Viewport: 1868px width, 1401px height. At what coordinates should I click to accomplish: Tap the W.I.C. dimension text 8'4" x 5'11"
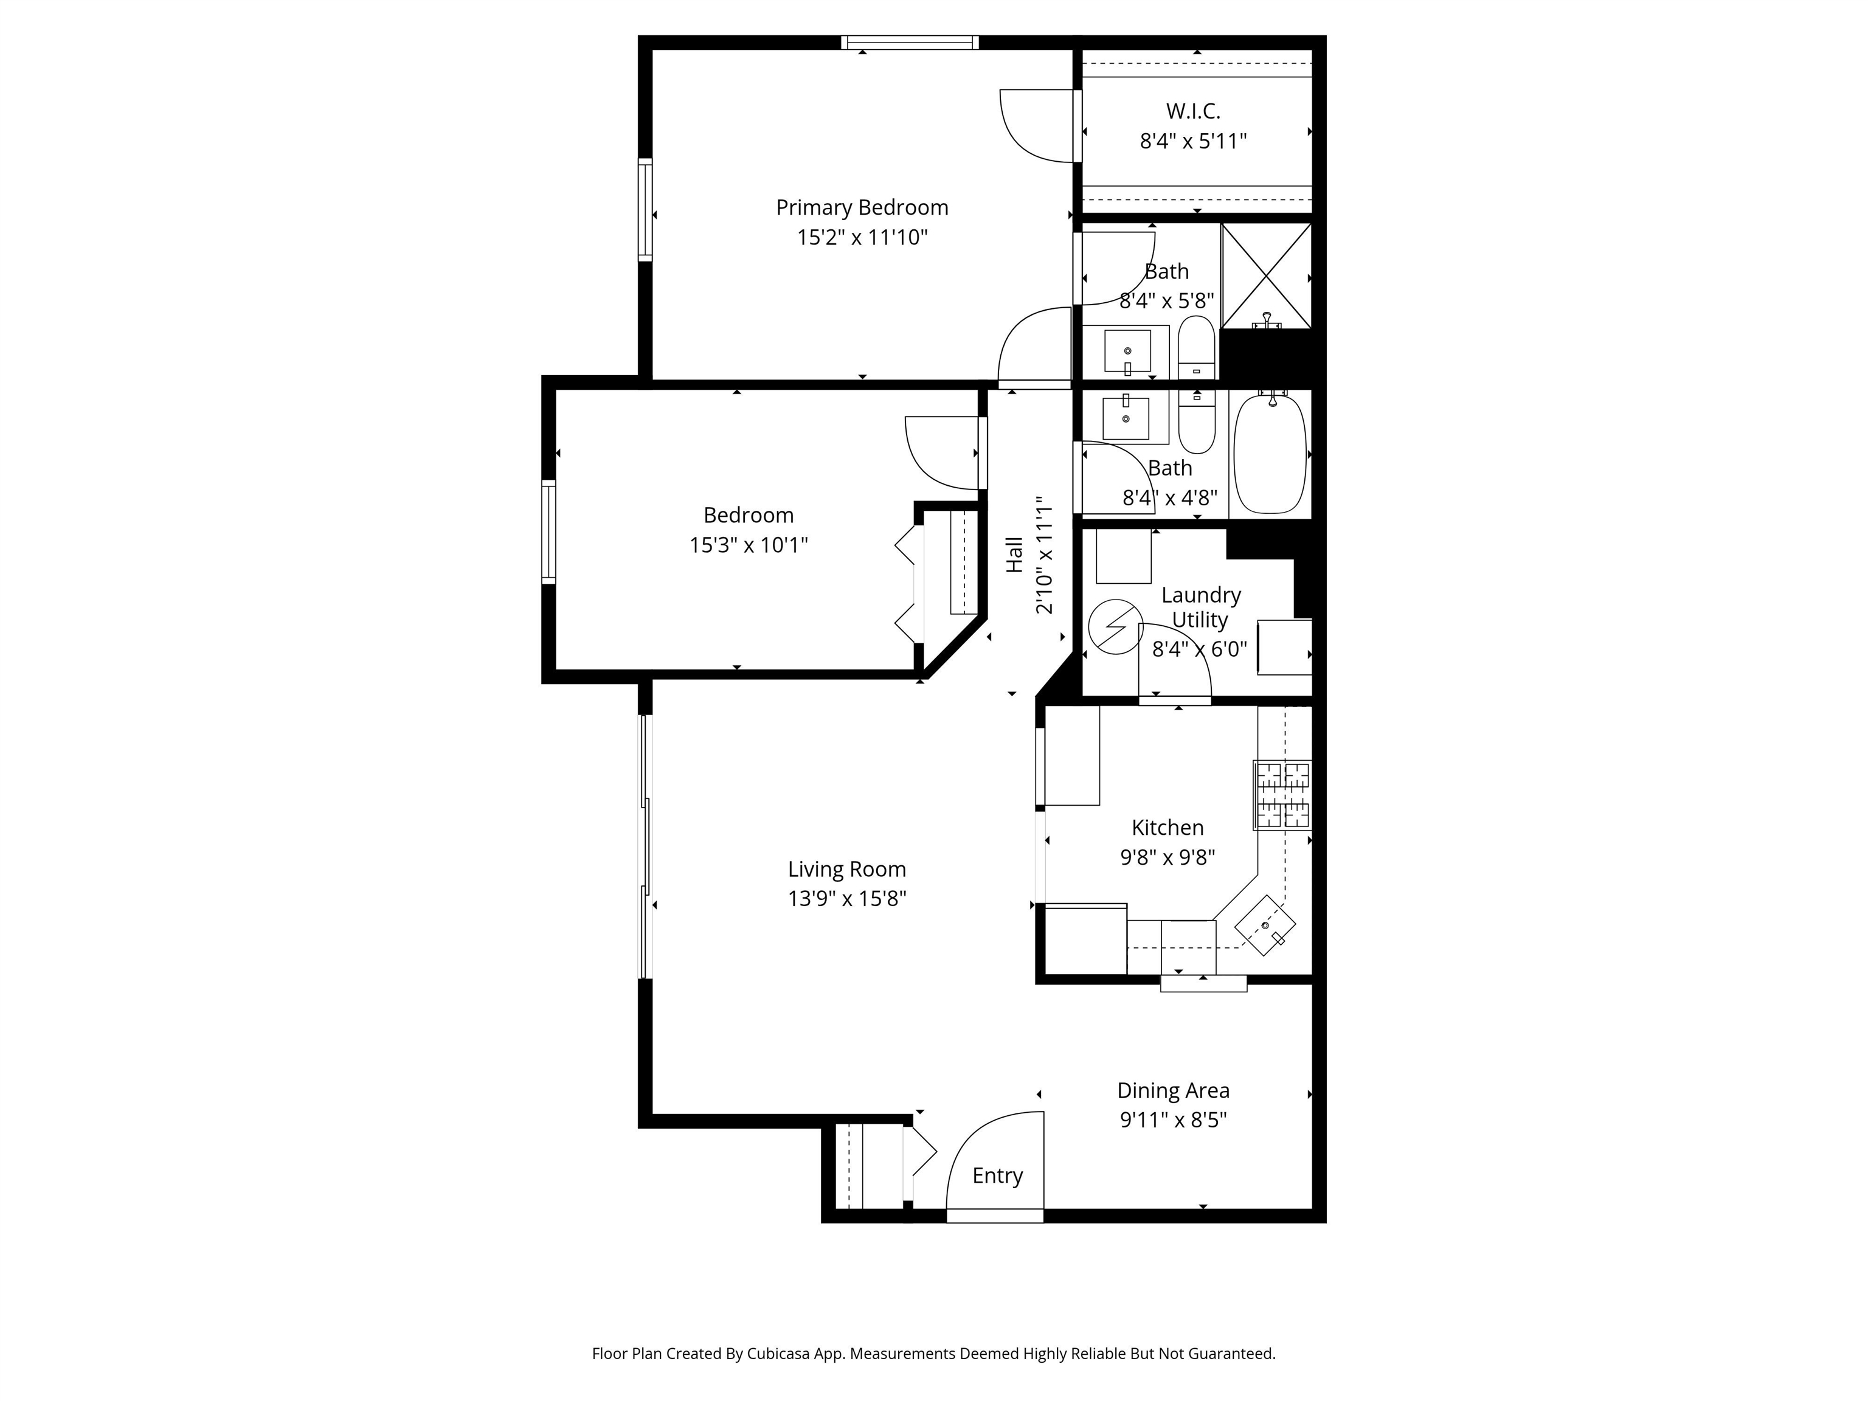[x=1192, y=141]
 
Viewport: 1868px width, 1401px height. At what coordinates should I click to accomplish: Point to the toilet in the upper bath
[x=1196, y=348]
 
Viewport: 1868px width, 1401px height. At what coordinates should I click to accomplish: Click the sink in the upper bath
[x=1127, y=351]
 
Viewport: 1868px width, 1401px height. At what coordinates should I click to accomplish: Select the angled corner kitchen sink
[x=1264, y=925]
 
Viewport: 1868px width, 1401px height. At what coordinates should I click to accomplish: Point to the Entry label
[x=997, y=1175]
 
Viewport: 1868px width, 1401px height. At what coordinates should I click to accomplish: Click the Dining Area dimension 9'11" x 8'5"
[x=1172, y=1120]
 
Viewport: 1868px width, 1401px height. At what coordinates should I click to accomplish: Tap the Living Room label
[x=846, y=869]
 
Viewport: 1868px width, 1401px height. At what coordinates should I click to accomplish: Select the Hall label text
[x=1014, y=555]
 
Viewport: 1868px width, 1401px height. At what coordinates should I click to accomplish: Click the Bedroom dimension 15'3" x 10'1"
[x=748, y=545]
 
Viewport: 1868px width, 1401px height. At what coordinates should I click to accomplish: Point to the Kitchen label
[x=1167, y=828]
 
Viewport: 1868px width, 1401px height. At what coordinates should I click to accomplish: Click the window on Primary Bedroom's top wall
[x=910, y=42]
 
